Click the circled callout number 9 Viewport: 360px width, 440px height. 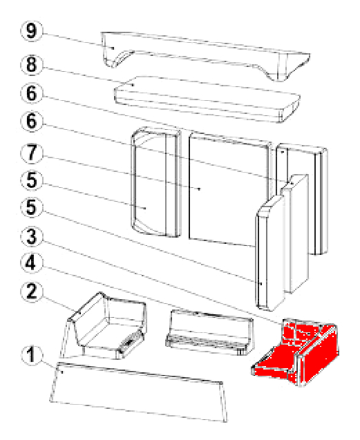coord(32,31)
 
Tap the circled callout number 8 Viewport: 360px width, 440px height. coord(32,64)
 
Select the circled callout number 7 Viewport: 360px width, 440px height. coord(32,153)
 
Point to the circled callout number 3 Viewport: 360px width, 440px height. coord(32,236)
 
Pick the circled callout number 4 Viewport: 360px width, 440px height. coord(32,263)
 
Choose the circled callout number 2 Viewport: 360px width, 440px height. coord(32,291)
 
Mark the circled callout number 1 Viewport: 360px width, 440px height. coord(32,355)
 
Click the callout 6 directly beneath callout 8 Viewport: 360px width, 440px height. coord(32,93)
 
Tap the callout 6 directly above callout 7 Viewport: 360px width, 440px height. coord(32,122)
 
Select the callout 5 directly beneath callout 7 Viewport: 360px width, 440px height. coord(32,180)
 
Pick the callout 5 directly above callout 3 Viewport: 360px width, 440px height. coord(32,208)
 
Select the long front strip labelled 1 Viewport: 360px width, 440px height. coord(139,392)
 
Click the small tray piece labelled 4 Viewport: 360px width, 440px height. coord(209,332)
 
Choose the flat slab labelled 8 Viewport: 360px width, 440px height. coord(207,99)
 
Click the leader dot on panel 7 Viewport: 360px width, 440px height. coord(199,189)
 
